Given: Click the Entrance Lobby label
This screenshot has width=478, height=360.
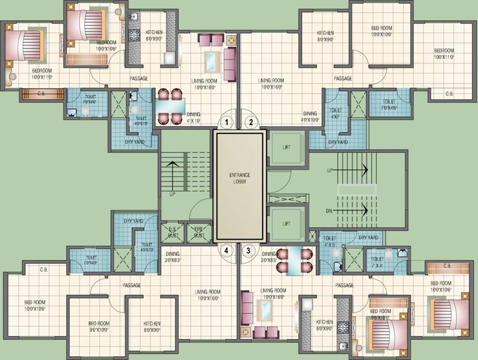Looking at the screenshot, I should pyautogui.click(x=237, y=178).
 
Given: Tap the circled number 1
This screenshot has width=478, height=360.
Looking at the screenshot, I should pyautogui.click(x=227, y=123).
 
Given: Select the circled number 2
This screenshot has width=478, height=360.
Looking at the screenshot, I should pyautogui.click(x=251, y=123).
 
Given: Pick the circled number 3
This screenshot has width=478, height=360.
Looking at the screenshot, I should pyautogui.click(x=249, y=250).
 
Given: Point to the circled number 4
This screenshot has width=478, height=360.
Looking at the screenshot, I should pyautogui.click(x=227, y=250).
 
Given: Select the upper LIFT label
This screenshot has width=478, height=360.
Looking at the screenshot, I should pyautogui.click(x=287, y=148).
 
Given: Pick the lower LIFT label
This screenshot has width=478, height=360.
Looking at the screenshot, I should pyautogui.click(x=287, y=224).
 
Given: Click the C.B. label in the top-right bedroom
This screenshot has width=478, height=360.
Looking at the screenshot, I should pyautogui.click(x=449, y=94).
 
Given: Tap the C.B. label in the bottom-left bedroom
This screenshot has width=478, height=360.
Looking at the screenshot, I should pyautogui.click(x=44, y=270).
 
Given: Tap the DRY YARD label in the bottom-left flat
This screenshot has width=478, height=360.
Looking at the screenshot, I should pyautogui.click(x=133, y=220).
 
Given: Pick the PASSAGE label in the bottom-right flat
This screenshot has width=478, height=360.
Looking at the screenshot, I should pyautogui.click(x=344, y=285).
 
